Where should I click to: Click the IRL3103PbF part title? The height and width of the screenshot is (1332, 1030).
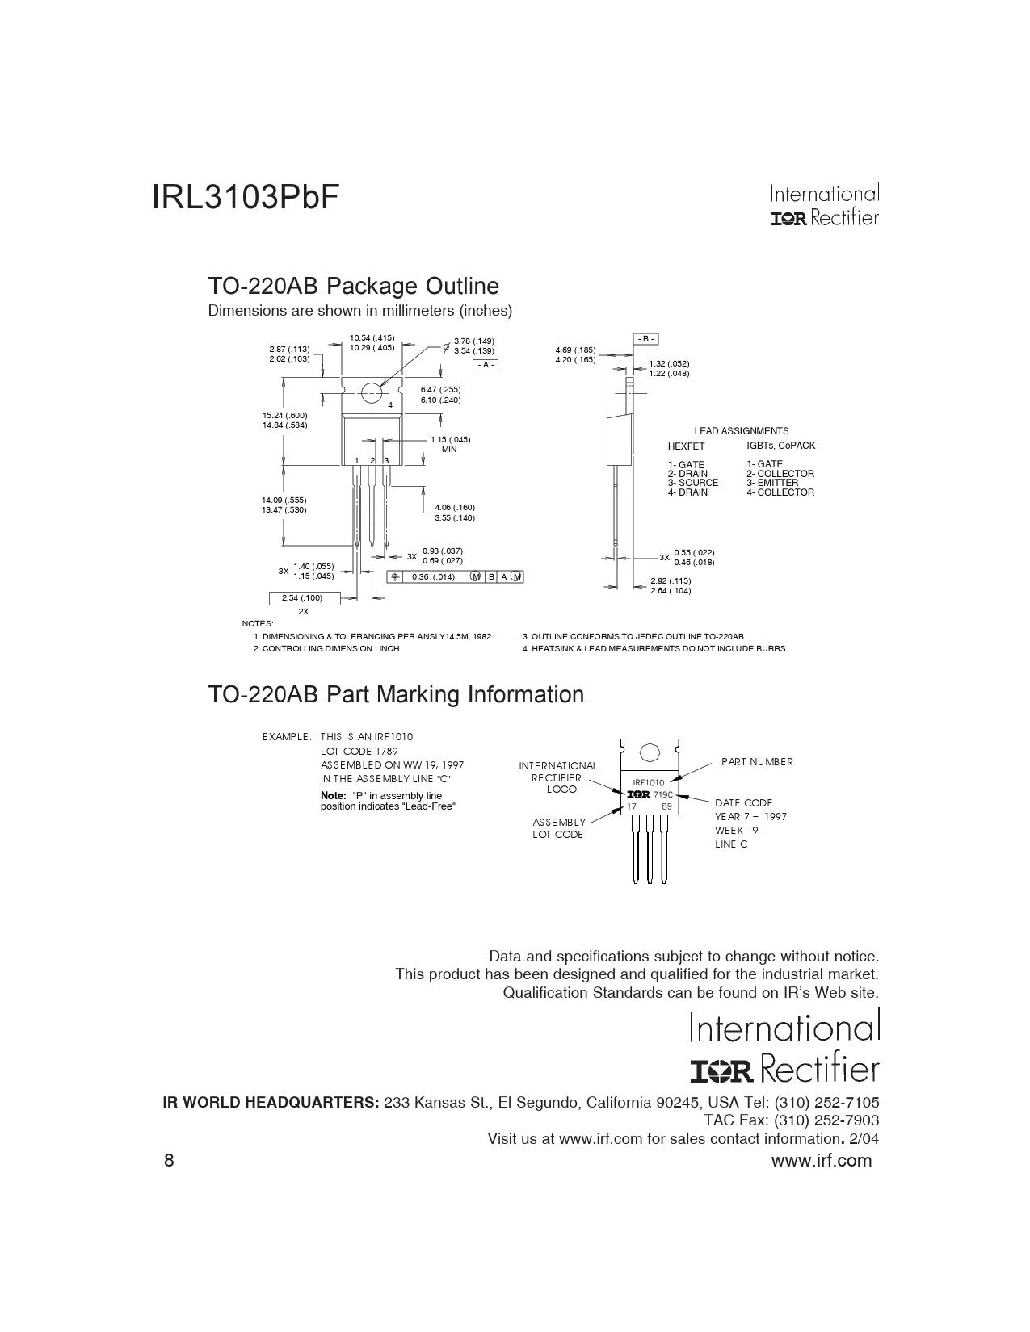click(245, 198)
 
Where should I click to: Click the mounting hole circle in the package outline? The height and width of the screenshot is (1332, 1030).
click(372, 393)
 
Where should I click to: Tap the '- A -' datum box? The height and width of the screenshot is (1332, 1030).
click(486, 366)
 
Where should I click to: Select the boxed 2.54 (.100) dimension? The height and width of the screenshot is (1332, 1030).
click(302, 598)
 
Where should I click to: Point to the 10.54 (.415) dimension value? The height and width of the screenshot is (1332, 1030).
click(372, 337)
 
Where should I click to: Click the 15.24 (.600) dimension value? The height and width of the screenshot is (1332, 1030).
click(284, 415)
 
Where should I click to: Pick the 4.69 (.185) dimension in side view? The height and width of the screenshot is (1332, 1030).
click(575, 350)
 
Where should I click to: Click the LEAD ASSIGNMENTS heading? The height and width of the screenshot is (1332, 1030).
click(742, 431)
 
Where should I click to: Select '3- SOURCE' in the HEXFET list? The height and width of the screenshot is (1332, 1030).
click(692, 483)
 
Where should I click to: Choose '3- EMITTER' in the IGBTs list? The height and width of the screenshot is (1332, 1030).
click(771, 483)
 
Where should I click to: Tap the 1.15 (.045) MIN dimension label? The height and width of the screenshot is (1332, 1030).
click(450, 440)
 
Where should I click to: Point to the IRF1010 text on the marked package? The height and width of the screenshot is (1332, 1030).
click(648, 783)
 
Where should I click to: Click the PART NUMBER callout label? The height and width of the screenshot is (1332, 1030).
click(757, 762)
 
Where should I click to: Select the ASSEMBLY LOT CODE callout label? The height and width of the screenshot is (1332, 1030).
click(559, 828)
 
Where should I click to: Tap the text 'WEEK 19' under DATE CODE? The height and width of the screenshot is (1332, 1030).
click(736, 831)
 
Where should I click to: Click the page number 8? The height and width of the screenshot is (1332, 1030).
click(169, 1161)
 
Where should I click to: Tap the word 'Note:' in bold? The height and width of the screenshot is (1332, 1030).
click(334, 796)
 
